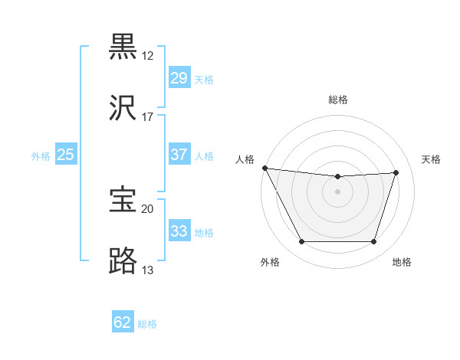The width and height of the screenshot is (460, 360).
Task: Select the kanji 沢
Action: (124, 110)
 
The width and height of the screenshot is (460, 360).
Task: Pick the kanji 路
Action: (124, 261)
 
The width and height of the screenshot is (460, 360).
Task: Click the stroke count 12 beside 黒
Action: (147, 55)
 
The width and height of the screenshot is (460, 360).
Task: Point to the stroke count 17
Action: (147, 118)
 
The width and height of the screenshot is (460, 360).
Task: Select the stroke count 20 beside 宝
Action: (147, 208)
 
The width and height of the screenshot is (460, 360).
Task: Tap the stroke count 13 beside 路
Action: (147, 270)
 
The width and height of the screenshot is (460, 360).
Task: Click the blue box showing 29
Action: (179, 78)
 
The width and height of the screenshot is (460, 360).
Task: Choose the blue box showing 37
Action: (179, 155)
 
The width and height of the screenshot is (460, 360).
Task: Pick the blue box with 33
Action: (179, 231)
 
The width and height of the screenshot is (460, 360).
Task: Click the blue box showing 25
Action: (65, 155)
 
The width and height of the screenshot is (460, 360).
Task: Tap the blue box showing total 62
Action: (123, 322)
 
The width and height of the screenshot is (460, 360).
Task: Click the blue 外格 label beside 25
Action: (41, 156)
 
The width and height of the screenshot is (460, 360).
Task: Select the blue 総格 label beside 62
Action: (147, 324)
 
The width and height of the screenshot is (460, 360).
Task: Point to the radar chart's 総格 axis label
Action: (338, 100)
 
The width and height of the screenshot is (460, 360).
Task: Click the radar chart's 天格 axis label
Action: (432, 159)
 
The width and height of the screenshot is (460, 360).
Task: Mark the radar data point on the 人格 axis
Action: (264, 168)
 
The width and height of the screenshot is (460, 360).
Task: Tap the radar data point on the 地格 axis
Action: (373, 242)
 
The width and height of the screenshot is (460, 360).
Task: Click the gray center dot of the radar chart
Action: (337, 191)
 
